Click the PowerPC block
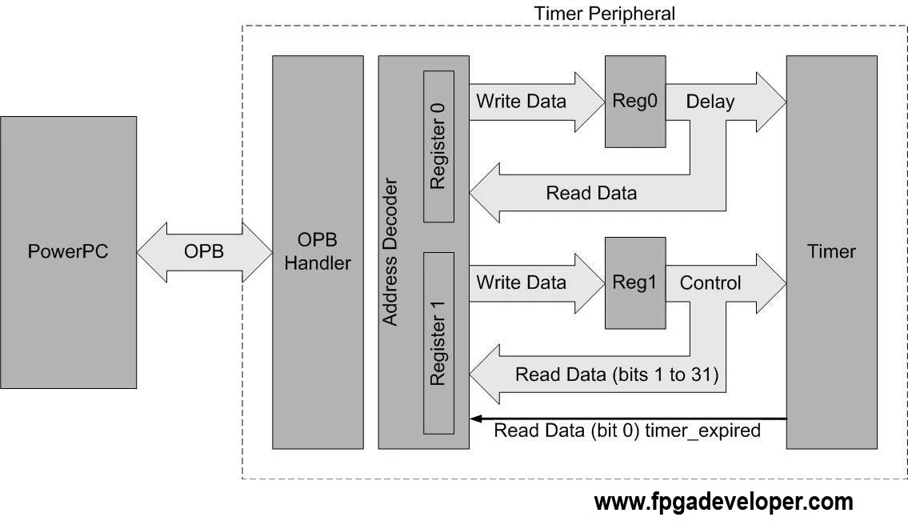[x=68, y=251]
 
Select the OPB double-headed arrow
[x=204, y=251]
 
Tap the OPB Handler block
[x=318, y=251]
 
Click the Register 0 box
[x=438, y=146]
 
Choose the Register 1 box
[x=438, y=343]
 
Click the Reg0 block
[x=635, y=102]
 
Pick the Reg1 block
[x=635, y=283]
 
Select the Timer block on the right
[x=831, y=251]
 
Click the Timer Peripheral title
[x=604, y=14]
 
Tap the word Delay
[x=710, y=102]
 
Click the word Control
[x=710, y=283]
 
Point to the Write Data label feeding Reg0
[x=521, y=102]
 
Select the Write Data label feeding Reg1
[x=521, y=283]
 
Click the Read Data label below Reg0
[x=591, y=193]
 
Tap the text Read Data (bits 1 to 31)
[x=616, y=374]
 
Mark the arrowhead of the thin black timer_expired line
[x=475, y=418]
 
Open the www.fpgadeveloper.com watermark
[x=723, y=503]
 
